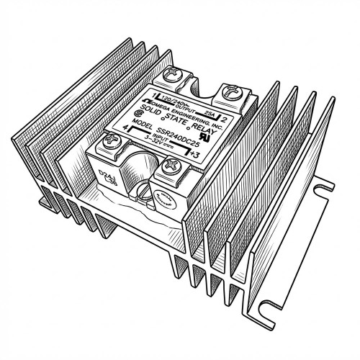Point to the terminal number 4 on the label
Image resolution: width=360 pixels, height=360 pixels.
click(107, 130)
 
